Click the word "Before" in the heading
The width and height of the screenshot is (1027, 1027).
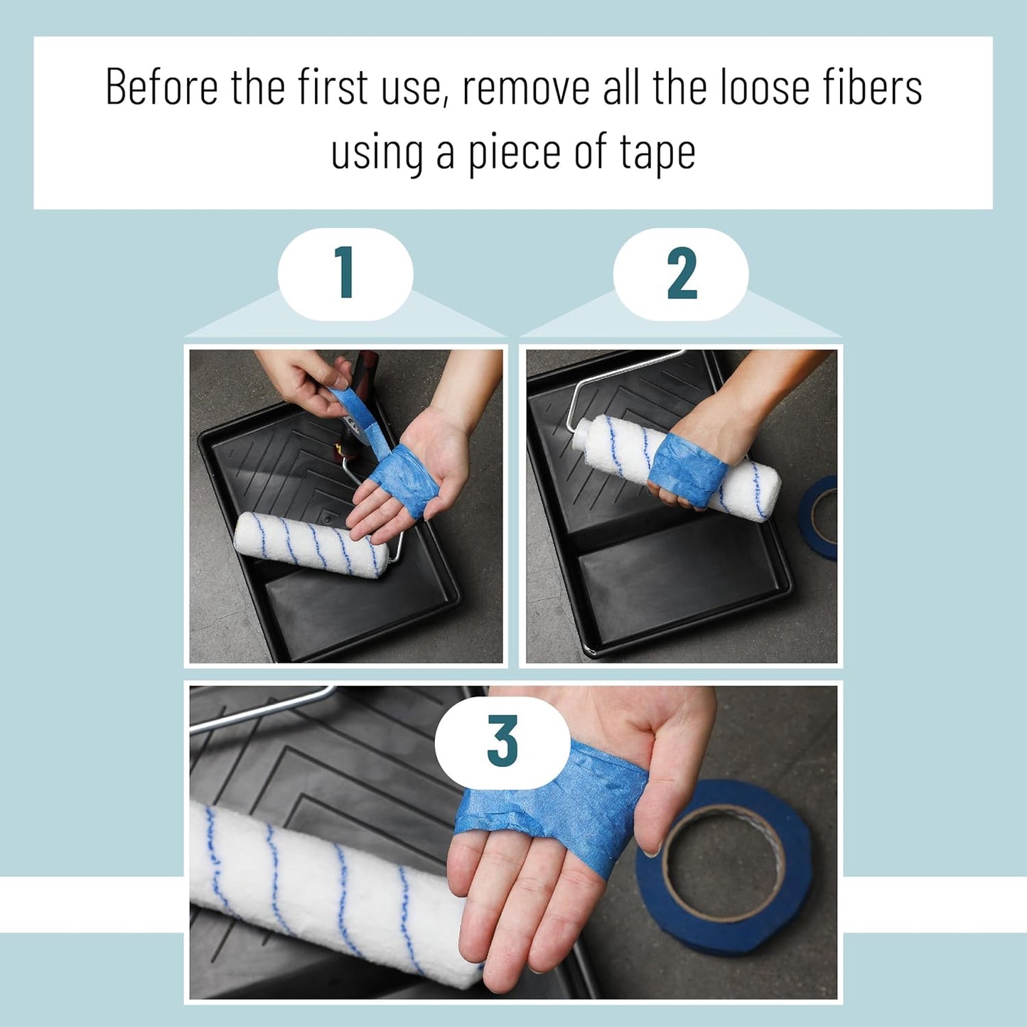162,87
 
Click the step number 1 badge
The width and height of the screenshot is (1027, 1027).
345,274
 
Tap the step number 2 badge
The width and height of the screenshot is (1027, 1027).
681,274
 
